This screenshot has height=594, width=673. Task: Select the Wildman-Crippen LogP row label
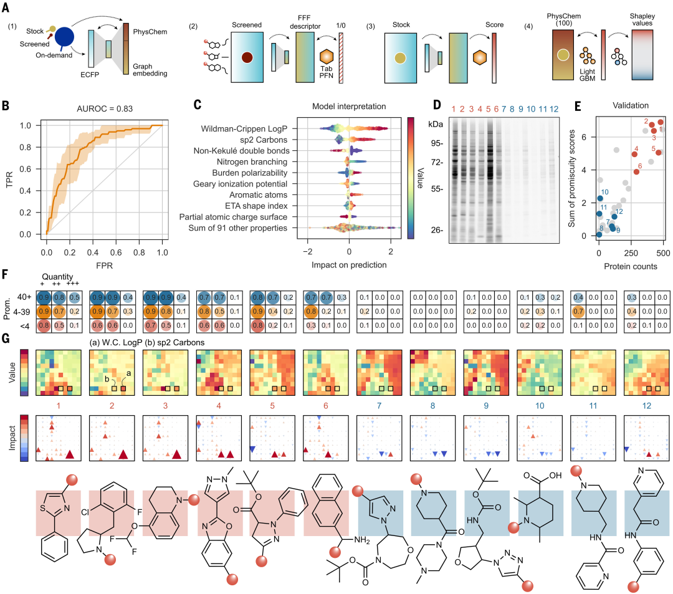(238, 129)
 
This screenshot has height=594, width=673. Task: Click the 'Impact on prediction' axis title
(348, 264)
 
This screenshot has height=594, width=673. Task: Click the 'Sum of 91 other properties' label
(234, 228)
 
